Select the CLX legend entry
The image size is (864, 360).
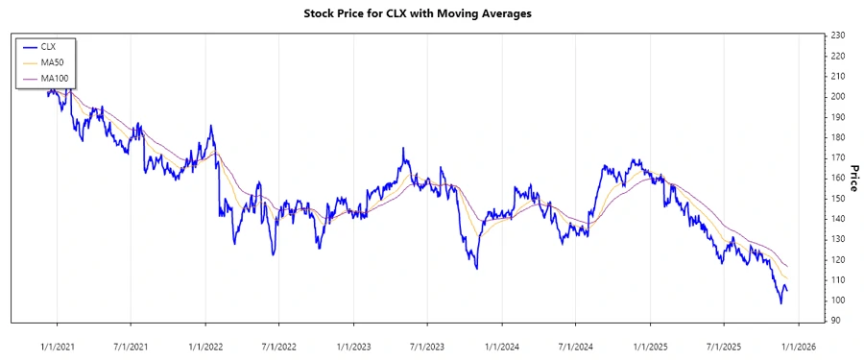click(x=49, y=46)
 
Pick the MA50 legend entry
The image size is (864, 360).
click(x=52, y=61)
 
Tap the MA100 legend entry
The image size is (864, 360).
click(x=55, y=77)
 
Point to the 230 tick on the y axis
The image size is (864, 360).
click(x=837, y=36)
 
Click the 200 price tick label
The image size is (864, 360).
click(x=837, y=97)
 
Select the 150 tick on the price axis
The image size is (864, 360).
click(x=837, y=199)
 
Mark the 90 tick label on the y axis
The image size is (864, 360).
click(x=835, y=321)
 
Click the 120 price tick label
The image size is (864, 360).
click(x=837, y=260)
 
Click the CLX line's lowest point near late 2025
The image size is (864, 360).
click(x=780, y=303)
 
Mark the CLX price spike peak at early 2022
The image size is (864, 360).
click(x=210, y=126)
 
